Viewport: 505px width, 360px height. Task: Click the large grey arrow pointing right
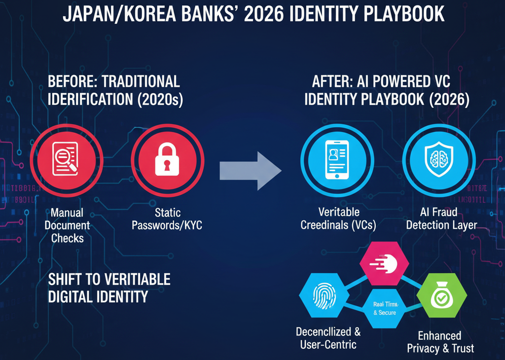pos(251,171)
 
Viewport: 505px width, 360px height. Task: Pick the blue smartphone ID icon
pos(337,158)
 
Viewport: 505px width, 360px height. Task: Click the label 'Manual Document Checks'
pos(68,226)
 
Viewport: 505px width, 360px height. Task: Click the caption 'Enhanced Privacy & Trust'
pos(440,342)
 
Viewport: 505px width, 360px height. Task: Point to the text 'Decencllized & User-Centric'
pos(328,338)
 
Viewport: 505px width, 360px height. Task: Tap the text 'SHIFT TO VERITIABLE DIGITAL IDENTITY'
pos(109,288)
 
